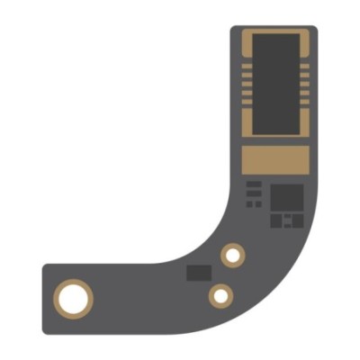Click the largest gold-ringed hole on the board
(x=73, y=297)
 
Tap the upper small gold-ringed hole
(x=233, y=256)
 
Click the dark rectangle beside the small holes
(x=198, y=272)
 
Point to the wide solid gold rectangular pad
(x=274, y=160)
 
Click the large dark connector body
(x=274, y=84)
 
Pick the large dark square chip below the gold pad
(x=287, y=195)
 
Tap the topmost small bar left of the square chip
(x=255, y=184)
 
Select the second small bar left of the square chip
(x=255, y=193)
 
